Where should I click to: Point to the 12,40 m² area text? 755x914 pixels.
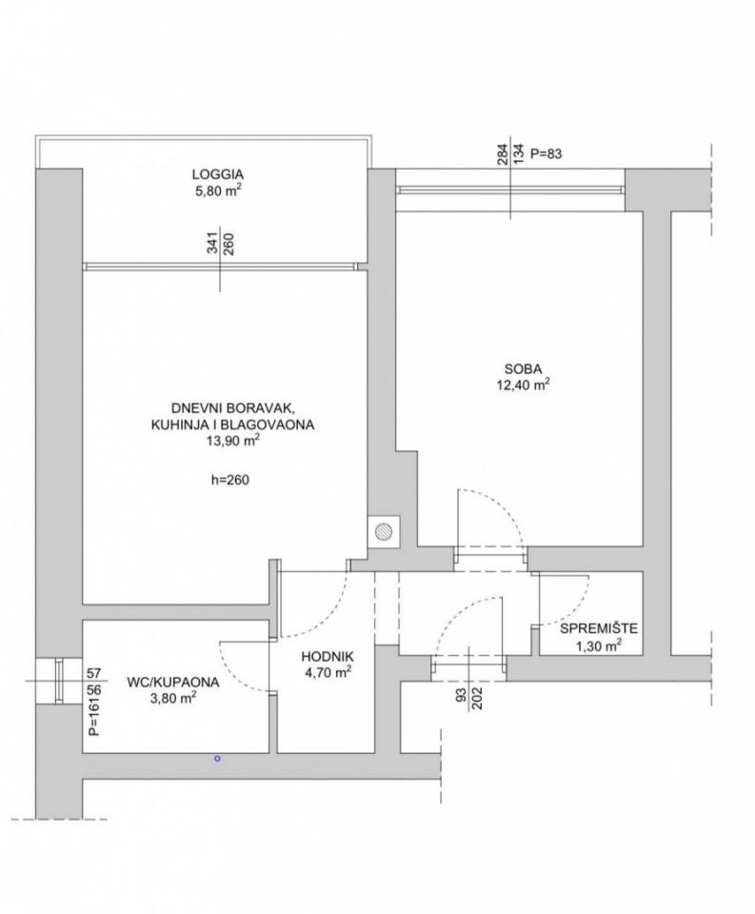523,385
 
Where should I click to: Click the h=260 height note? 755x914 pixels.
229,480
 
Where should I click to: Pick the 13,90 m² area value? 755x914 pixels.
232,441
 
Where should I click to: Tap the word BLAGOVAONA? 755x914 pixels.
273,425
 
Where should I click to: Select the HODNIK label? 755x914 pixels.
328,657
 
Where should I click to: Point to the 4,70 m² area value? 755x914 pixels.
328,673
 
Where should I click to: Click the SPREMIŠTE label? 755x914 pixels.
599,628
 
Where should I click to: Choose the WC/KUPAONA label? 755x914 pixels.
172,682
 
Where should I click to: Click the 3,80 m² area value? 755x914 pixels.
173,698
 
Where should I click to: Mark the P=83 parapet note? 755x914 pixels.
546,154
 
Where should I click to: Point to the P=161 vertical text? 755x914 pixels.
94,718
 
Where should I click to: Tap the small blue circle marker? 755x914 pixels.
217,759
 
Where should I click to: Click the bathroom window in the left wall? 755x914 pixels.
58,681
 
